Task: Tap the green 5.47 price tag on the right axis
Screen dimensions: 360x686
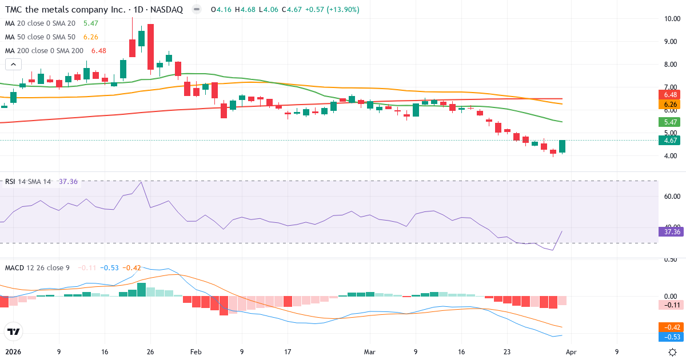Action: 668,122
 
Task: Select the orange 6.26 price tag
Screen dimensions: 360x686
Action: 668,105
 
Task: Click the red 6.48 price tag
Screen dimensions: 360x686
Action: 668,94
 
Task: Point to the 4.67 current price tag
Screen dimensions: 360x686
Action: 668,141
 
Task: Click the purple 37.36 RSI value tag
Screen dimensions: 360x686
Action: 669,231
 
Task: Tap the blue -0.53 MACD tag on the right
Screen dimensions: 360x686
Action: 669,337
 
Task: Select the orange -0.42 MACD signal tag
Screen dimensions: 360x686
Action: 669,327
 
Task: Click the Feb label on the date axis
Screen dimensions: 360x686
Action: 196,352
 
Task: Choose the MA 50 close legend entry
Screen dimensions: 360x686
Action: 40,37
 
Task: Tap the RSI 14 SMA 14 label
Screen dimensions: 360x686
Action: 27,182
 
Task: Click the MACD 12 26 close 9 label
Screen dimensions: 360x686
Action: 37,267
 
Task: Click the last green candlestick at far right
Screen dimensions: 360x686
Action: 563,147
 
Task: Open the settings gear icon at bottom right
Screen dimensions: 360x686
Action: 673,352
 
